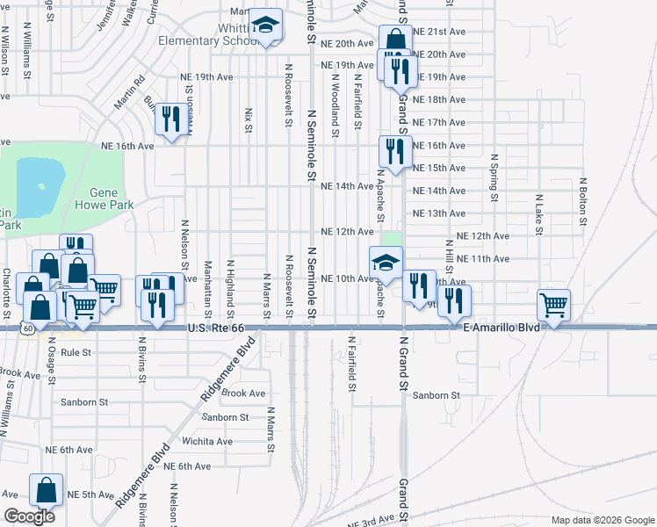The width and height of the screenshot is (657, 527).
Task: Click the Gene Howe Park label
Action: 111,198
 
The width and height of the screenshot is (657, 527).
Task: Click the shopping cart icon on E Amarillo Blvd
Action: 554,307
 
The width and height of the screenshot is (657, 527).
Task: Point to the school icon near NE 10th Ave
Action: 385,263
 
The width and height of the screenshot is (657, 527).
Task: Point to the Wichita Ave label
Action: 206,441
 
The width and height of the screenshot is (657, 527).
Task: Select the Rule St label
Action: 76,352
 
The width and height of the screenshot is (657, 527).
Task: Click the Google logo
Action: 29,516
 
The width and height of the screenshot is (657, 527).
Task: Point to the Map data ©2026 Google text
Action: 602,520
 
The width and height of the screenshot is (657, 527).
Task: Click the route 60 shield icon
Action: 29,328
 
